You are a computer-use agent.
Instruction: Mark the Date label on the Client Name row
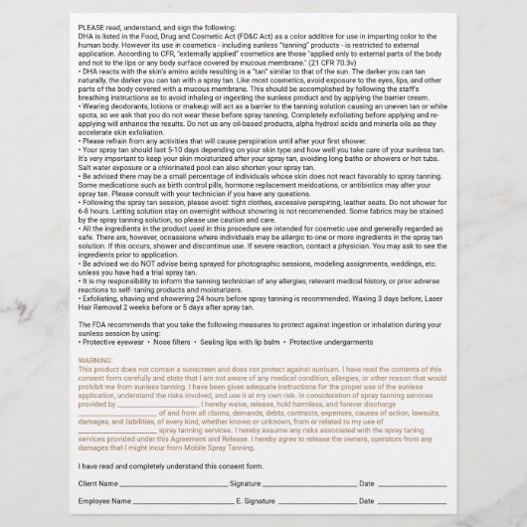[x=367, y=482]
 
